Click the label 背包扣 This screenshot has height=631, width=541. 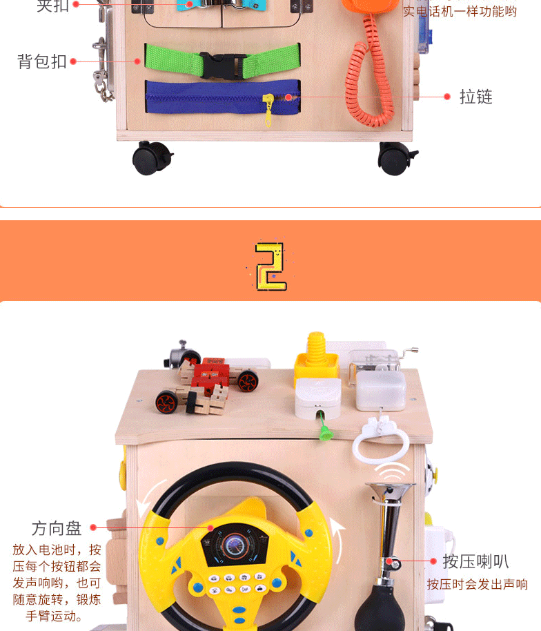click(41, 61)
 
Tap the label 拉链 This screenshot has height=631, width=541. click(476, 97)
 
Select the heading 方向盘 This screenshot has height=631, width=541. click(57, 528)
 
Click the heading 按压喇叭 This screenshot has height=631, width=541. click(475, 561)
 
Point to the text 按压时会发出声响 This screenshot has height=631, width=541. click(477, 584)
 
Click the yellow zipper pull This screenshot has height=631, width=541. click(268, 110)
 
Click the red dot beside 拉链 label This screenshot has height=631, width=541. click(446, 97)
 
